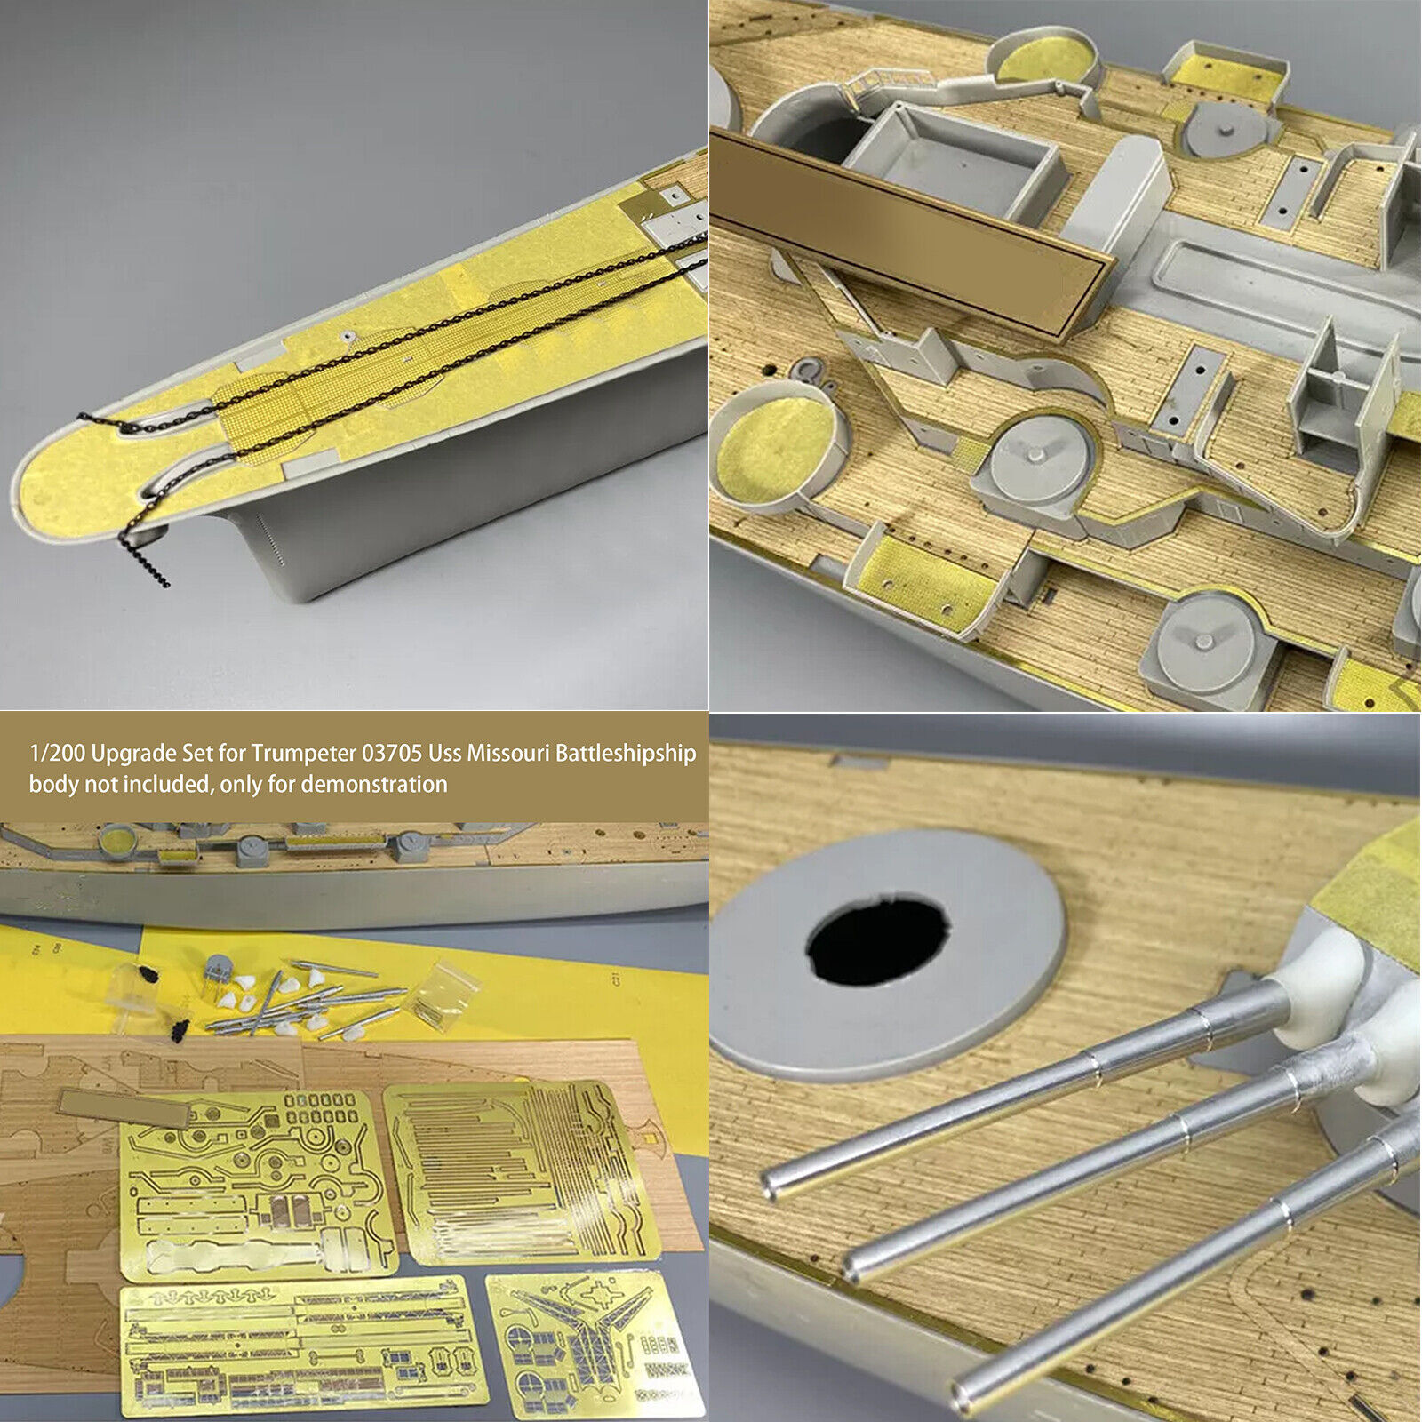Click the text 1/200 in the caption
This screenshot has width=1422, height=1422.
57,754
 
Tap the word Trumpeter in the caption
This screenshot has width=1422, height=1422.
302,754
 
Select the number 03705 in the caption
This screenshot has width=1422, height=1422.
391,754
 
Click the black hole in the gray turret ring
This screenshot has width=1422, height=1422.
877,941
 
